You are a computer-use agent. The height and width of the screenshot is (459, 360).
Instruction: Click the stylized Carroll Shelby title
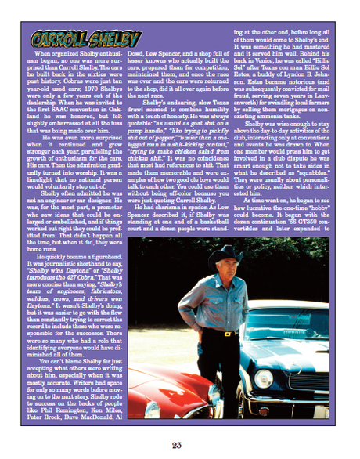75,39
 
